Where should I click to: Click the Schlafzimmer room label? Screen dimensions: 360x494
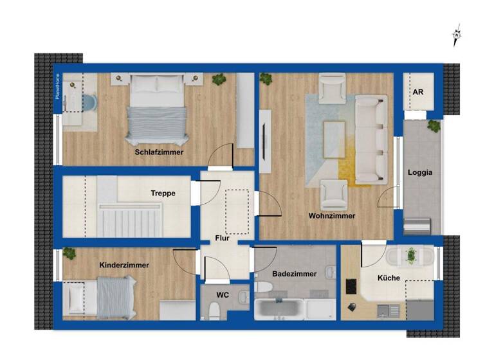pos(159,152)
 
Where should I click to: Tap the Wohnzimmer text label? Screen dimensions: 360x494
pos(331,215)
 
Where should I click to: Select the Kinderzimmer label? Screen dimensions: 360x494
pos(124,265)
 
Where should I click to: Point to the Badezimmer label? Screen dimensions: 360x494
pos(294,273)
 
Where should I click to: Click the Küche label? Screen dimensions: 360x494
pos(389,278)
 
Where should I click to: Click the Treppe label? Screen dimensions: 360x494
pos(163,193)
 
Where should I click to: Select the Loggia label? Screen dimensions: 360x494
pos(420,172)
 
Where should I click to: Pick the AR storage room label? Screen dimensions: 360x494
pos(418,93)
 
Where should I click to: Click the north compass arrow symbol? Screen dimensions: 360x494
pos(457,35)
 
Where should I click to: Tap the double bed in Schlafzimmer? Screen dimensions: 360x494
pos(157,109)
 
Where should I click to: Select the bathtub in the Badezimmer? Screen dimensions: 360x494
pos(279,309)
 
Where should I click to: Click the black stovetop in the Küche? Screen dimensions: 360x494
pos(352,285)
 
